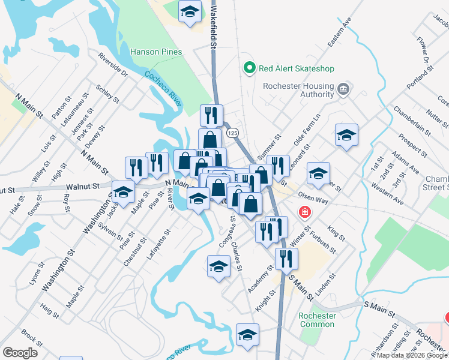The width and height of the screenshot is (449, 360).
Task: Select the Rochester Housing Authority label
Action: click(298, 90)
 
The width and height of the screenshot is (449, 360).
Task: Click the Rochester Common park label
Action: click(317, 320)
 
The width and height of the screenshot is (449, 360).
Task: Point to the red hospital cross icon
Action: click(305, 212)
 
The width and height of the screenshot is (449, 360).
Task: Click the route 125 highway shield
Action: click(233, 132)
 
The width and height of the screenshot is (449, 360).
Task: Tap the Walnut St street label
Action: click(83, 187)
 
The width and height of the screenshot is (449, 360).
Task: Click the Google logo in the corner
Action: click(20, 353)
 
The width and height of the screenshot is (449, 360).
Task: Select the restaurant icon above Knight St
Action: click(286, 259)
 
